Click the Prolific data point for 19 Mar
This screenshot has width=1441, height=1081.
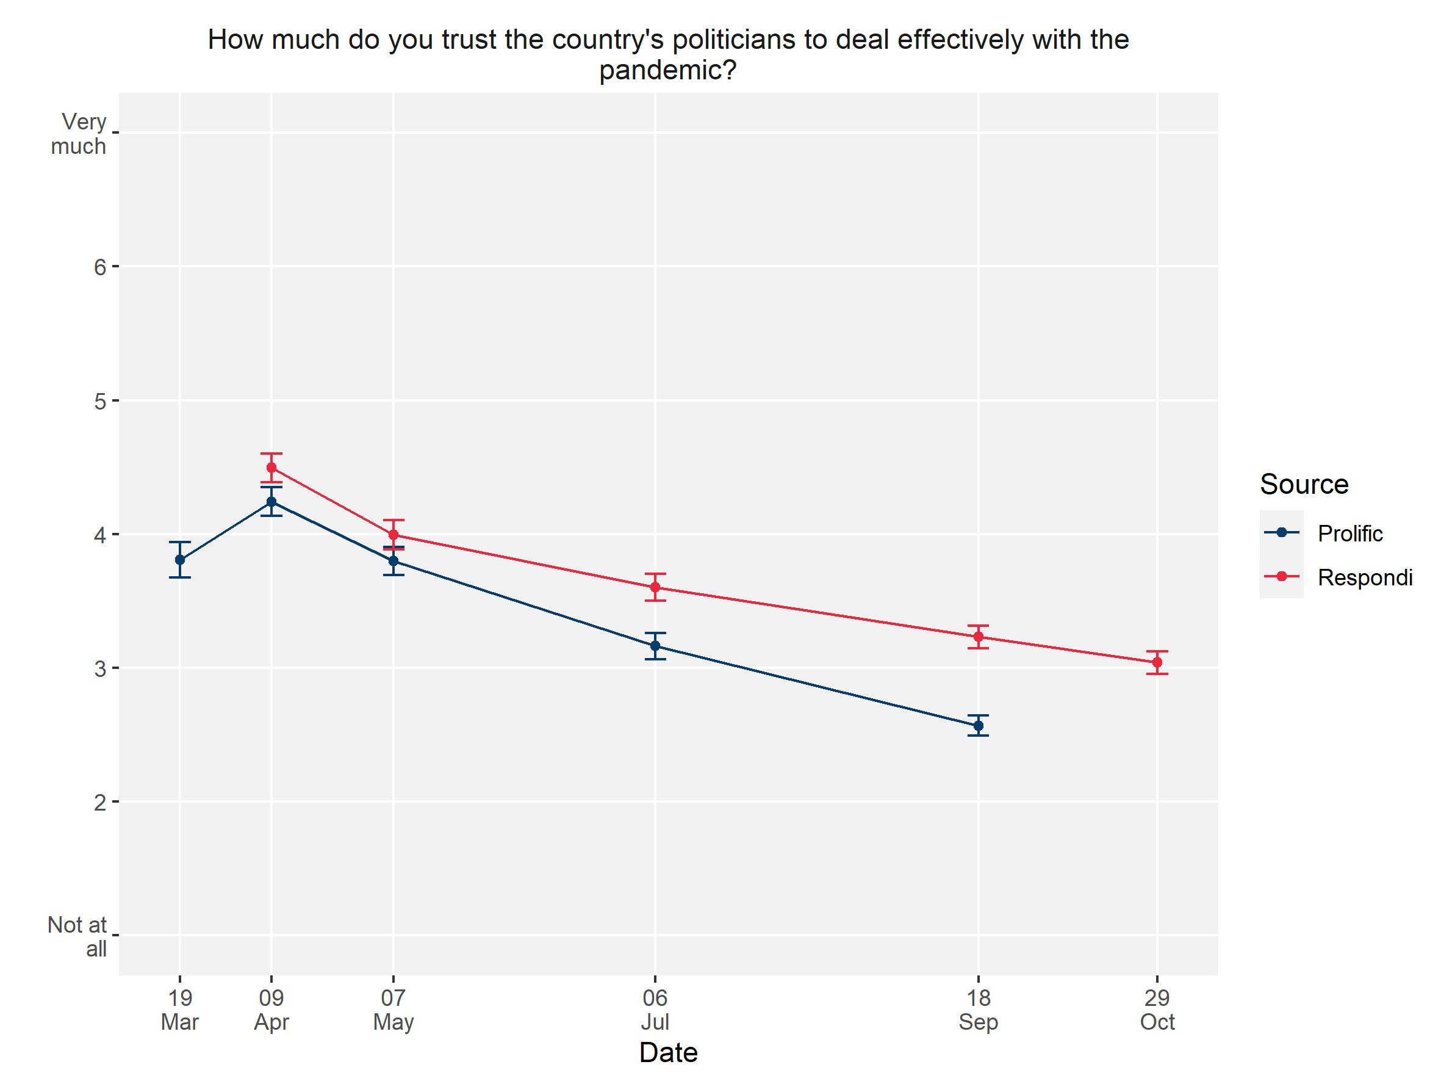[180, 559]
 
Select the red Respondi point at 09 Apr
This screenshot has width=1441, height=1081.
[271, 467]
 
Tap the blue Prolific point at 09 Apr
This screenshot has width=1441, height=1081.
[271, 502]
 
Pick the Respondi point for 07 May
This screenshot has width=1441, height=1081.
[393, 535]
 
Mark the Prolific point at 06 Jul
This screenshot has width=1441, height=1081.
[655, 646]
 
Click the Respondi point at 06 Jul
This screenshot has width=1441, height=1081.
[655, 587]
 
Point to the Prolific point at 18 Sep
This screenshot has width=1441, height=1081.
[978, 725]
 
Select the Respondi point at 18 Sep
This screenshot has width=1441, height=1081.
[978, 637]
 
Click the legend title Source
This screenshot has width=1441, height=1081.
[1304, 484]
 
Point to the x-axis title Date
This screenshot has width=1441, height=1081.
[669, 1052]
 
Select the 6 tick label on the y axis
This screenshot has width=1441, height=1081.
[99, 267]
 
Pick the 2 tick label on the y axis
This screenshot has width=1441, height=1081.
[99, 802]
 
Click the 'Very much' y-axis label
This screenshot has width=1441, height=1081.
[79, 134]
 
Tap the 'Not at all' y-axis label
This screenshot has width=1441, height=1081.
[78, 936]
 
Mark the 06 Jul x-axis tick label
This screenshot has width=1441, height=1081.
[655, 1010]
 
